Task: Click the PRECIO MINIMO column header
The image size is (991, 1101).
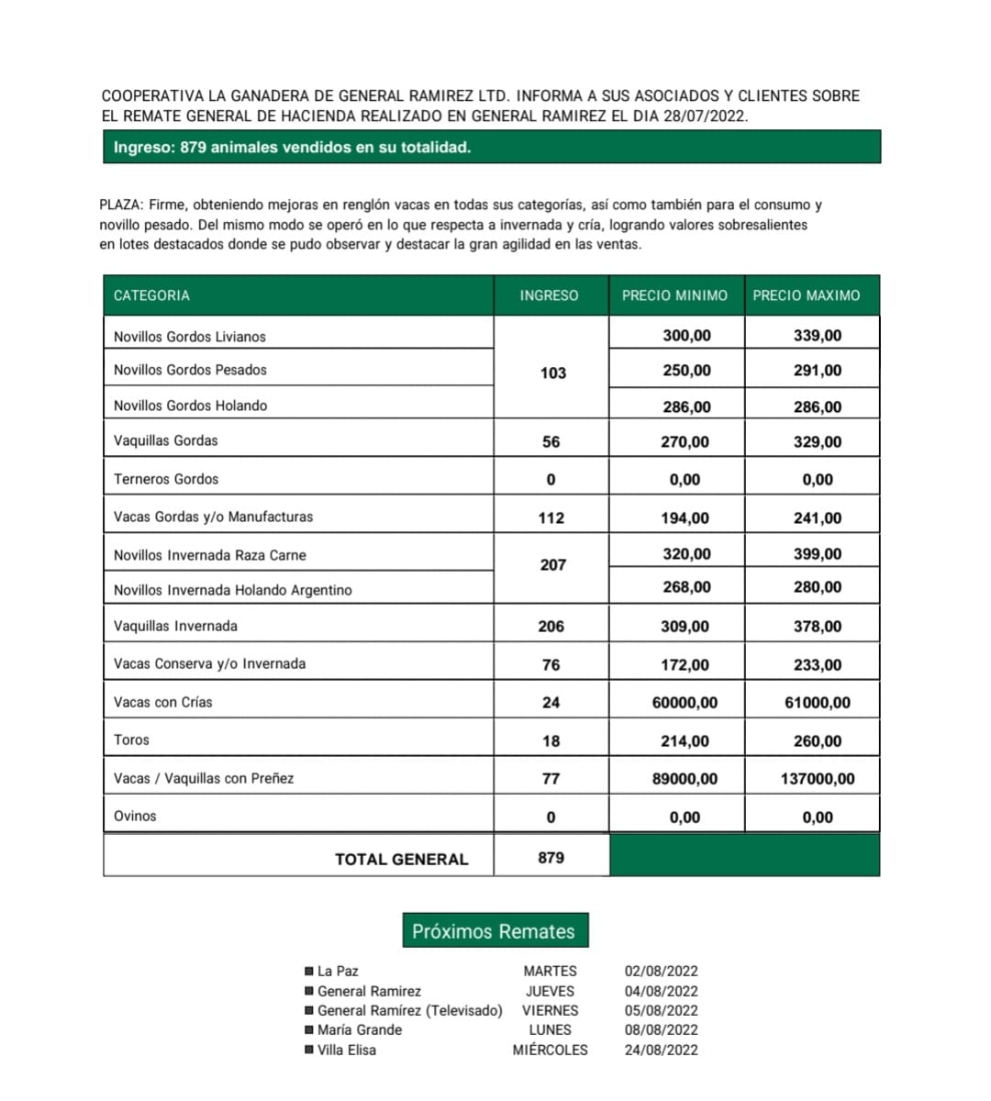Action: [x=674, y=295]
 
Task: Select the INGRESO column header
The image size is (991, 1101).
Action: [x=549, y=295]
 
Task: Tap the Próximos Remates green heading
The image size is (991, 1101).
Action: [x=494, y=931]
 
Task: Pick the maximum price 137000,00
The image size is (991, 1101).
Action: [x=817, y=779]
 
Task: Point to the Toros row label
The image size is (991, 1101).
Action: [x=131, y=740]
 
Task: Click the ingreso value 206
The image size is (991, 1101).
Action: [x=551, y=627]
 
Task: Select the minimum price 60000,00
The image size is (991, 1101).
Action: [x=685, y=703]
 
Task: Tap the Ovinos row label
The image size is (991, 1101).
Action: [x=135, y=816]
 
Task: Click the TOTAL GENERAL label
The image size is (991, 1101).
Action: [x=401, y=859]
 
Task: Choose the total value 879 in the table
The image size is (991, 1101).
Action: [x=551, y=858]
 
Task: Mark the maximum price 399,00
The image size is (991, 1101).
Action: [x=817, y=554]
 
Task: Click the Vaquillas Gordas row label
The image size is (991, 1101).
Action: [x=166, y=440]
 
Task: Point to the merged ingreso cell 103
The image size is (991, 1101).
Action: [x=552, y=373]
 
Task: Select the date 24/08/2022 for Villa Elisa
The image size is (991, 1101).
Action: [x=661, y=1050]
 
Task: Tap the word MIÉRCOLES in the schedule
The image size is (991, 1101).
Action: [x=550, y=1050]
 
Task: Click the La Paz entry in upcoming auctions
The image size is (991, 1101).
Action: [x=338, y=971]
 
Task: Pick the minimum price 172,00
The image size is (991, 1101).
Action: [x=685, y=665]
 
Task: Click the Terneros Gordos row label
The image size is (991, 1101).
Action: [x=166, y=479]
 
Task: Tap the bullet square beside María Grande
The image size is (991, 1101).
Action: [x=308, y=1030]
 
